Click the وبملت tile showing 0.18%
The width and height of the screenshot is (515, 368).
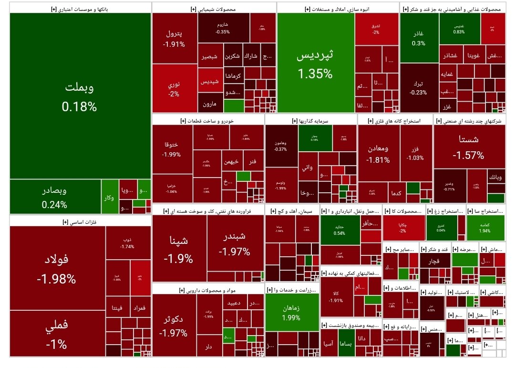pyautogui.click(x=80, y=95)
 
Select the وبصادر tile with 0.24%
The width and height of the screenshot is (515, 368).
pyautogui.click(x=54, y=197)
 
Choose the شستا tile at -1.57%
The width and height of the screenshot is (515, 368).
pyautogui.click(x=469, y=147)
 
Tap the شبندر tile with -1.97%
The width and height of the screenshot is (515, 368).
pyautogui.click(x=235, y=243)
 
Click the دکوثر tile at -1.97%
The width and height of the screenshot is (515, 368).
pyautogui.click(x=174, y=325)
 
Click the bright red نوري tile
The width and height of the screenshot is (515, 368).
pyautogui.click(x=174, y=89)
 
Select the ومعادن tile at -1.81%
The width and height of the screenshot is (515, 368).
pyautogui.click(x=379, y=153)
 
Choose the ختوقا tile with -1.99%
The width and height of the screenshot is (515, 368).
pyautogui.click(x=172, y=149)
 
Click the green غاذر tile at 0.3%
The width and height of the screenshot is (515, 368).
pyautogui.click(x=419, y=38)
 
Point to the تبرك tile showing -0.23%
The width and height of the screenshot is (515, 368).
pyautogui.click(x=418, y=87)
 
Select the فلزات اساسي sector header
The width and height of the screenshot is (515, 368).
pyautogui.click(x=80, y=221)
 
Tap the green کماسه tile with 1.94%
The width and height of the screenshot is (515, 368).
pyautogui.click(x=485, y=228)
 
